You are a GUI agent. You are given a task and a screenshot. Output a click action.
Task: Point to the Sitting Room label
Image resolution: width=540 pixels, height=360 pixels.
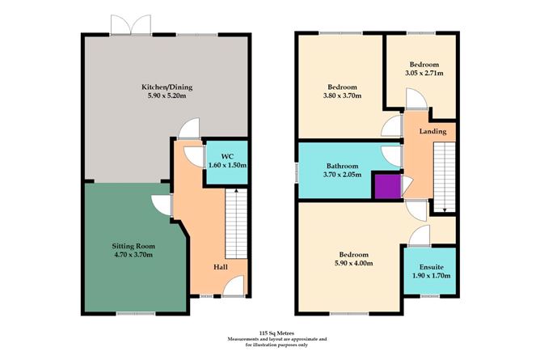tap(133, 245)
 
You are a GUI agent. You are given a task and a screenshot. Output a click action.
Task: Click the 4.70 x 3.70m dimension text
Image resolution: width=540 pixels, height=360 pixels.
tap(133, 255)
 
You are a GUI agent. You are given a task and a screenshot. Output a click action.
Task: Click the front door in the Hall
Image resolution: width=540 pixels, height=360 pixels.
tap(234, 287)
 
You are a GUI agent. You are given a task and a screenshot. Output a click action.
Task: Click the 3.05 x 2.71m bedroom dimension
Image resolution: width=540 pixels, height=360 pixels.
tap(424, 74)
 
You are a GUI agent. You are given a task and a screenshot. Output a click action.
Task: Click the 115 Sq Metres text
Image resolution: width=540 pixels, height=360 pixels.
tap(270, 332)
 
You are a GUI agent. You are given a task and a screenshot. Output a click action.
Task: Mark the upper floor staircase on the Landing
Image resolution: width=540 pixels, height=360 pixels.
tap(441, 174)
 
